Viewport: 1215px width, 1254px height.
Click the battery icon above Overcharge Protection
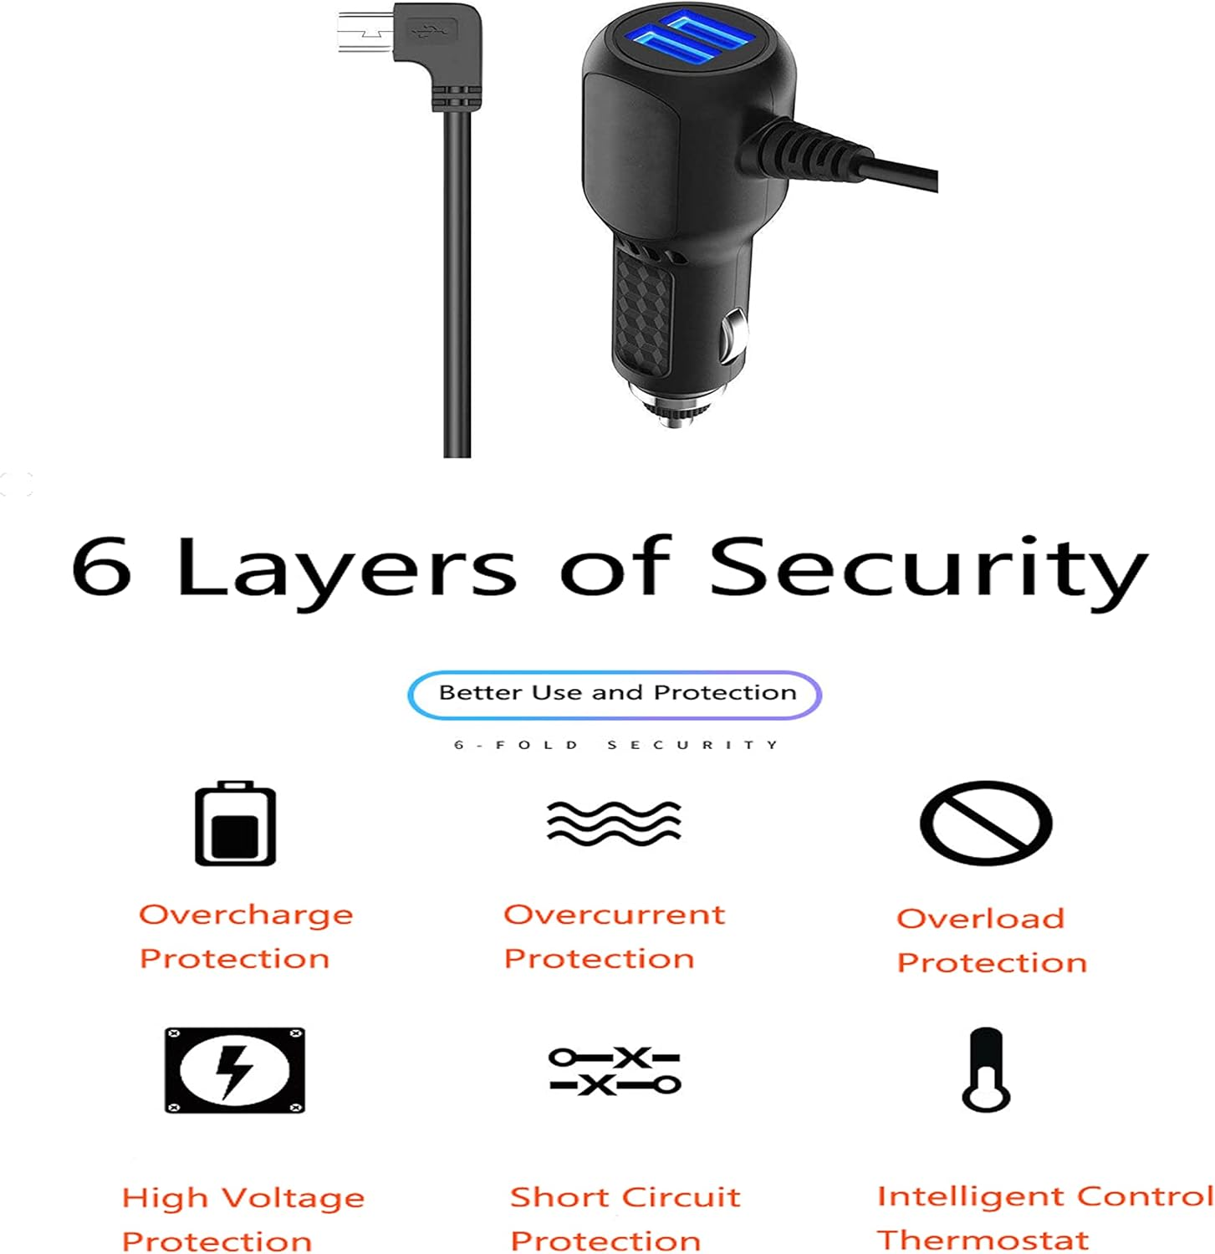click(x=235, y=823)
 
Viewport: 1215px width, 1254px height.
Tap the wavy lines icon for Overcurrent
click(x=614, y=823)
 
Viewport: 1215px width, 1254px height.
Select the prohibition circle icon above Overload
click(x=985, y=823)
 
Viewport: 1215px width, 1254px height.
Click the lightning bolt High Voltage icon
click(x=234, y=1070)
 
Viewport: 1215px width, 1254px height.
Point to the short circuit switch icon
click(x=615, y=1071)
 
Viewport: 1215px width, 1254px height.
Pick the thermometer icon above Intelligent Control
click(x=986, y=1069)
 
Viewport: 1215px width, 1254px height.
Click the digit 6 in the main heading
click(x=102, y=567)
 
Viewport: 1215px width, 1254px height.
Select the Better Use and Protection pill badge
click(x=615, y=694)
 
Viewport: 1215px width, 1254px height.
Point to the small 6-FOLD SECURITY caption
click(x=615, y=744)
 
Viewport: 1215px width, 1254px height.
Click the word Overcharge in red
click(x=246, y=915)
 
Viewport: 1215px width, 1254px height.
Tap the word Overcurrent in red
click(x=614, y=915)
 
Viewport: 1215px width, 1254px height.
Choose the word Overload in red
click(x=980, y=919)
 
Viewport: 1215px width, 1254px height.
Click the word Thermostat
click(x=983, y=1239)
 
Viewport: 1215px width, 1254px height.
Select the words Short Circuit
click(x=625, y=1197)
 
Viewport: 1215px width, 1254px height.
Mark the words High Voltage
click(x=243, y=1198)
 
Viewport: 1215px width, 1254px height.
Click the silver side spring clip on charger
click(x=733, y=334)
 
